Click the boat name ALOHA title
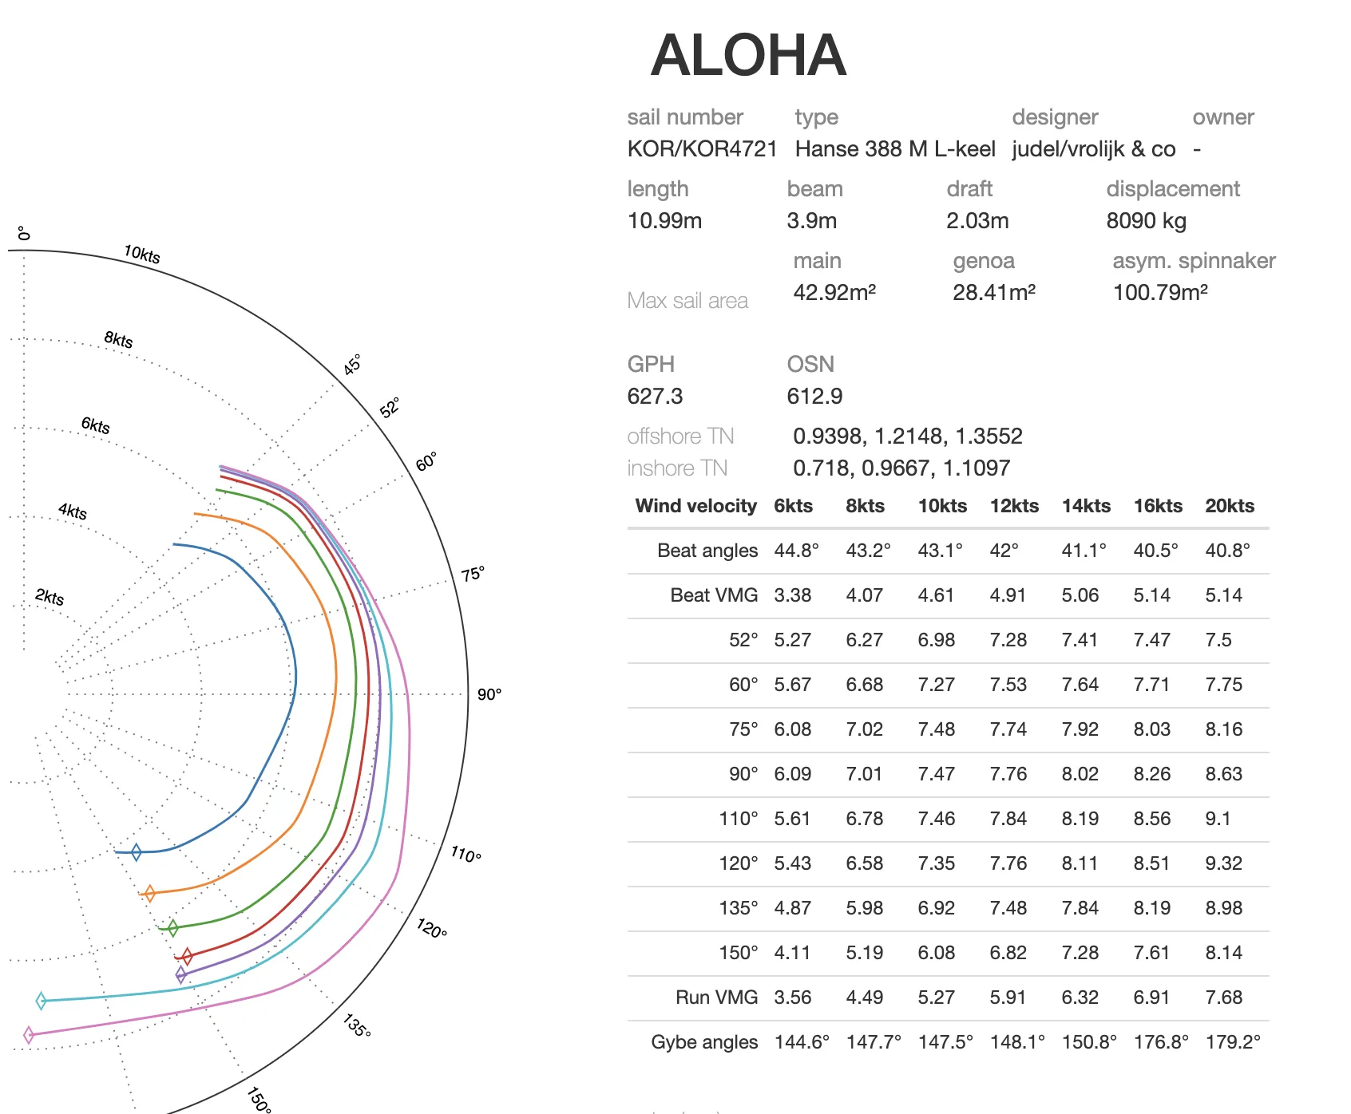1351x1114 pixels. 748,56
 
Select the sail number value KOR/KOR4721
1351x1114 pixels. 702,149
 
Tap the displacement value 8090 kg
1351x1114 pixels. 1146,221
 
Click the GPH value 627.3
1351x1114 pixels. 655,397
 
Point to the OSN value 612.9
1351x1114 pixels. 814,397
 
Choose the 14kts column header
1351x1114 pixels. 1086,506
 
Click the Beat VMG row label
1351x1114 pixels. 714,595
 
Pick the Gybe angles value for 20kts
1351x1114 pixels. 1233,1042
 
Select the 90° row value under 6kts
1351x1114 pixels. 792,774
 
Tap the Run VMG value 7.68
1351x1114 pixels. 1223,997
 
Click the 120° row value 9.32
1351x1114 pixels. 1223,863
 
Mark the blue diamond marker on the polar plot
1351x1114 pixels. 136,852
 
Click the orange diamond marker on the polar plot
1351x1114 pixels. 149,894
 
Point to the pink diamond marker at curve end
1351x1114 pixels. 29,1035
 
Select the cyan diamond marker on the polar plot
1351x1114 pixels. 42,1001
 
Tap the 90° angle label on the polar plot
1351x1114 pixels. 489,695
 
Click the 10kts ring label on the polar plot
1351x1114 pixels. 142,255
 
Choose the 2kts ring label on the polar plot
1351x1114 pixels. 50,598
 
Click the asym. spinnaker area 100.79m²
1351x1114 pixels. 1160,293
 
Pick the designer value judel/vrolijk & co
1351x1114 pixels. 1093,149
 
